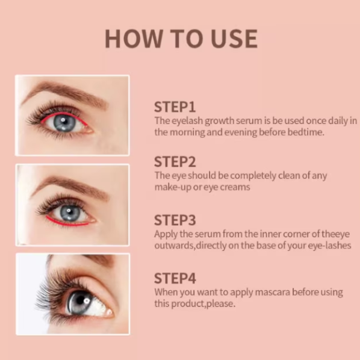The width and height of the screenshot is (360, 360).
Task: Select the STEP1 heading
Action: [175, 107]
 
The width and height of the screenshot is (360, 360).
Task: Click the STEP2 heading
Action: [175, 161]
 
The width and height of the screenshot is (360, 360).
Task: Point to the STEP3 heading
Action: [175, 220]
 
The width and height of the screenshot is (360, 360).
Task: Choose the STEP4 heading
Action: [175, 278]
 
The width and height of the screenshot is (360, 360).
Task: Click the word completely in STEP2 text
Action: [253, 176]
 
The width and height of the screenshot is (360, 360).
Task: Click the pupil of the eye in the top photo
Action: [64, 122]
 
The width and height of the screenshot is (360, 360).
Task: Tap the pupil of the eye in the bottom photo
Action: [81, 300]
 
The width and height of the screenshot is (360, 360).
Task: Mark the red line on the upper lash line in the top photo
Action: [64, 114]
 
